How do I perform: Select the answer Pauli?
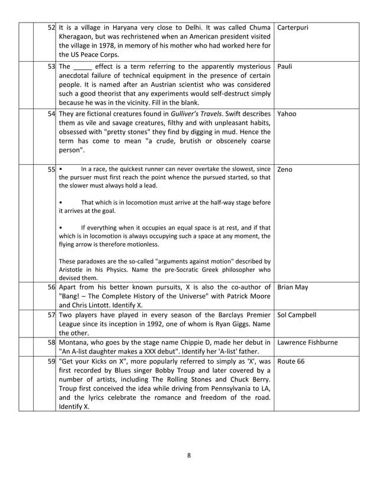coord(284,66)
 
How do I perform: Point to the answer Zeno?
coord(284,170)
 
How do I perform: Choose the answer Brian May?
coord(292,287)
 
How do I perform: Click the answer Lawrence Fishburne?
coord(307,343)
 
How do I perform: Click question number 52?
coord(52,27)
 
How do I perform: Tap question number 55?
coord(52,170)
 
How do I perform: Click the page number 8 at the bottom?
coord(189,456)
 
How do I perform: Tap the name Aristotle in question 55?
coord(73,269)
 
